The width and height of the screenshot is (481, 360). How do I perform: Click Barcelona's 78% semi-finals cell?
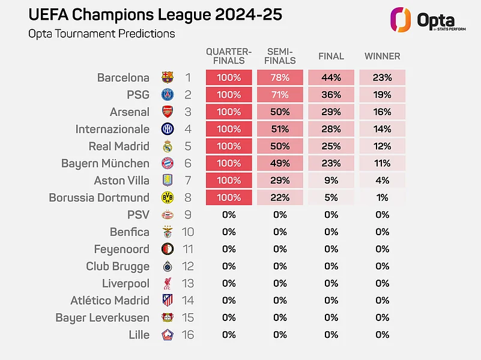click(280, 77)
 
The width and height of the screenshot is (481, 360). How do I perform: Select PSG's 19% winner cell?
click(382, 95)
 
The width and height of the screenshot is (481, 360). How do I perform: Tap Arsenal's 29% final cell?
click(331, 112)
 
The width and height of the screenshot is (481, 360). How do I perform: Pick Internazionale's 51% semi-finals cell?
click(280, 129)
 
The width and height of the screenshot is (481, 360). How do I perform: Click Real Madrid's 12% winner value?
click(382, 146)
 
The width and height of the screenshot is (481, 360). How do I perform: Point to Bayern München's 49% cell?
click(280, 163)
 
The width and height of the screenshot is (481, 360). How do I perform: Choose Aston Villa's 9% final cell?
click(331, 181)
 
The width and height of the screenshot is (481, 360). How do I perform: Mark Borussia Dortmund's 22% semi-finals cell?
click(280, 197)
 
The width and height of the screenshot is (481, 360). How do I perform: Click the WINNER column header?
click(382, 56)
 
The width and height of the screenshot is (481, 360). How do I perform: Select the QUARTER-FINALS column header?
click(229, 56)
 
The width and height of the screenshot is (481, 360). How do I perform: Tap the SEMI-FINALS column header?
click(280, 56)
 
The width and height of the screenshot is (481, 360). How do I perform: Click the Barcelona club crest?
click(168, 77)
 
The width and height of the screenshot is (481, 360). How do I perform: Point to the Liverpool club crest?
click(168, 283)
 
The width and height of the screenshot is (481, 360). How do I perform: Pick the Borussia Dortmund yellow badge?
click(168, 197)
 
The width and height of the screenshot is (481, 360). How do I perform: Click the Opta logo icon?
click(398, 19)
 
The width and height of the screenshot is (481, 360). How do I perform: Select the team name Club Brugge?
click(118, 266)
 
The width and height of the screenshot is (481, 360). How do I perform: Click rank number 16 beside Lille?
click(188, 335)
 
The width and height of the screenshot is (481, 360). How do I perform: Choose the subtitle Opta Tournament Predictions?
click(101, 34)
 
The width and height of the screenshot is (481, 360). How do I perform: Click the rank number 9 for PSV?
click(188, 215)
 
